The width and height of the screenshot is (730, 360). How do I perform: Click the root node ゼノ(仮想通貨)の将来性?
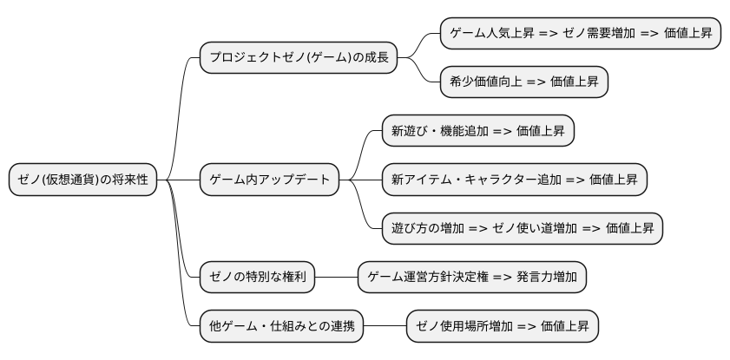[82, 180]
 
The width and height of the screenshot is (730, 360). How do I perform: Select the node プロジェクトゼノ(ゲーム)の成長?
[298, 58]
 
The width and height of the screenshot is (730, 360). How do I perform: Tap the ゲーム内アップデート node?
[269, 180]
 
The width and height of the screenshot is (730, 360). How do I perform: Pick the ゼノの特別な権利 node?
[257, 278]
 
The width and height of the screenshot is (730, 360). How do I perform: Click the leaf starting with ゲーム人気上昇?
[581, 34]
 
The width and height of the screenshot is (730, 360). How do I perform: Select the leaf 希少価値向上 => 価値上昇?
[524, 82]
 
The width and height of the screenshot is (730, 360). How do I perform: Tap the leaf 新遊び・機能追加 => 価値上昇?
[477, 132]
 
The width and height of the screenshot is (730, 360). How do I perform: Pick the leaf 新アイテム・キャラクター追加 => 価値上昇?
[514, 180]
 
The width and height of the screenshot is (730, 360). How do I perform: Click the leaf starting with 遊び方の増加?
[523, 229]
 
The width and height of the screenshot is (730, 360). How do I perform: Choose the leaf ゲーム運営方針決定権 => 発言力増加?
[472, 278]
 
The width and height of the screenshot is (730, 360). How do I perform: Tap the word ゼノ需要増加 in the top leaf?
[594, 34]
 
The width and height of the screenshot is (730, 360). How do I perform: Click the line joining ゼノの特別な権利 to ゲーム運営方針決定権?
[337, 278]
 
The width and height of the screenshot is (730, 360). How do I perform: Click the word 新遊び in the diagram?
[409, 132]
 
